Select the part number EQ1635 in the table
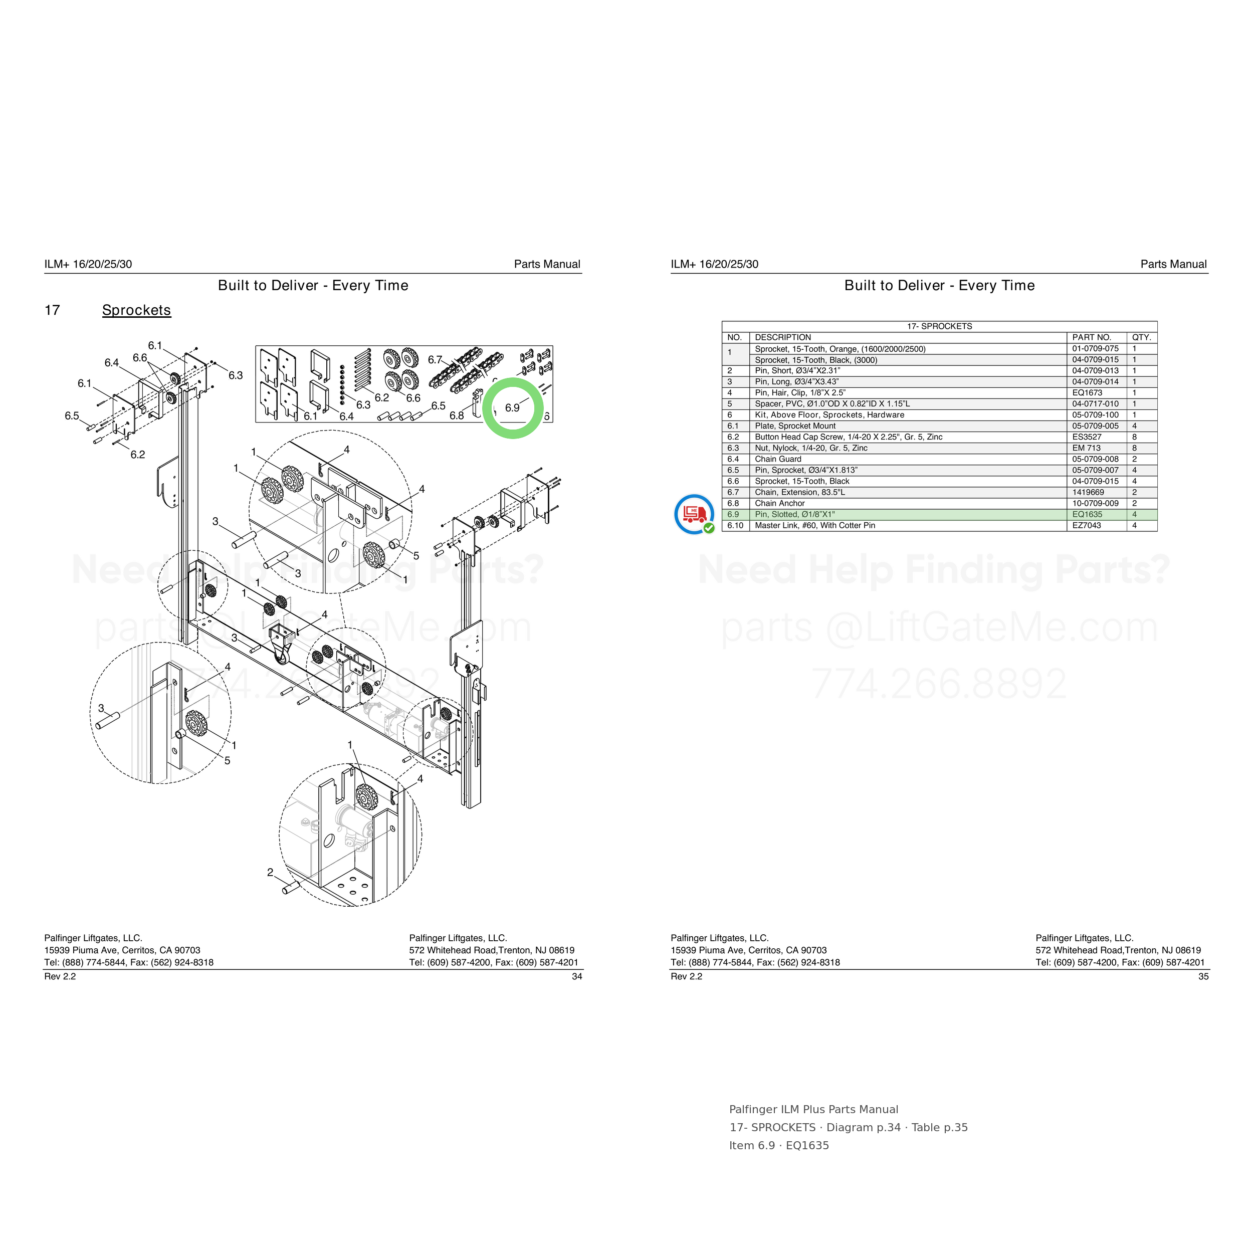(x=1087, y=514)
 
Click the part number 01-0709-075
(x=1096, y=349)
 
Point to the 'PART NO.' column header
(x=1092, y=337)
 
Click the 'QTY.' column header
(x=1141, y=337)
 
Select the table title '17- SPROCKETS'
(x=939, y=326)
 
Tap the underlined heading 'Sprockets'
(x=136, y=310)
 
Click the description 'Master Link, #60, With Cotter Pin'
(x=814, y=525)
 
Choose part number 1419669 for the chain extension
(x=1088, y=492)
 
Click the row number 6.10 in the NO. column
(x=735, y=525)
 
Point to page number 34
(x=576, y=976)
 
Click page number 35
(x=1203, y=976)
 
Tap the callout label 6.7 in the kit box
(x=435, y=359)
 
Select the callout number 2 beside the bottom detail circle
(x=270, y=872)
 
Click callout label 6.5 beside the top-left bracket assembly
(x=71, y=415)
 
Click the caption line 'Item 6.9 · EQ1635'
(x=779, y=1145)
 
